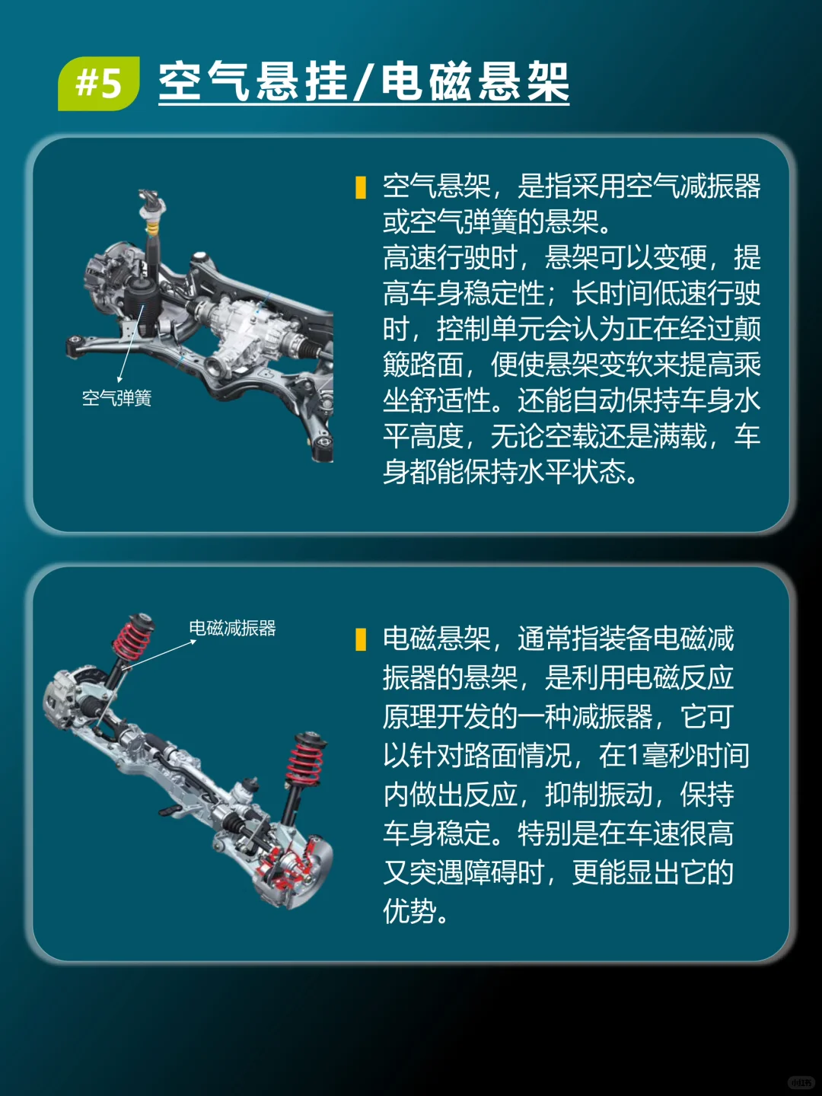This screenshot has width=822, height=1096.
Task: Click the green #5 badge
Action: (99, 83)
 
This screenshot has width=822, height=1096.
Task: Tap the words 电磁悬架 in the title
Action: (475, 81)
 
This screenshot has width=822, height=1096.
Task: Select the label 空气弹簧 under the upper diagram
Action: (116, 398)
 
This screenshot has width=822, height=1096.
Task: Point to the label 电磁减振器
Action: (232, 628)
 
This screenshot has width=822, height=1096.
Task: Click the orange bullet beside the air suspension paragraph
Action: (361, 187)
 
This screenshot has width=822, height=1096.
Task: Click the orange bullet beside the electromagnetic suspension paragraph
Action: (361, 639)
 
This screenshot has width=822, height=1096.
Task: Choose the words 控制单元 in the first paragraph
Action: (490, 330)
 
